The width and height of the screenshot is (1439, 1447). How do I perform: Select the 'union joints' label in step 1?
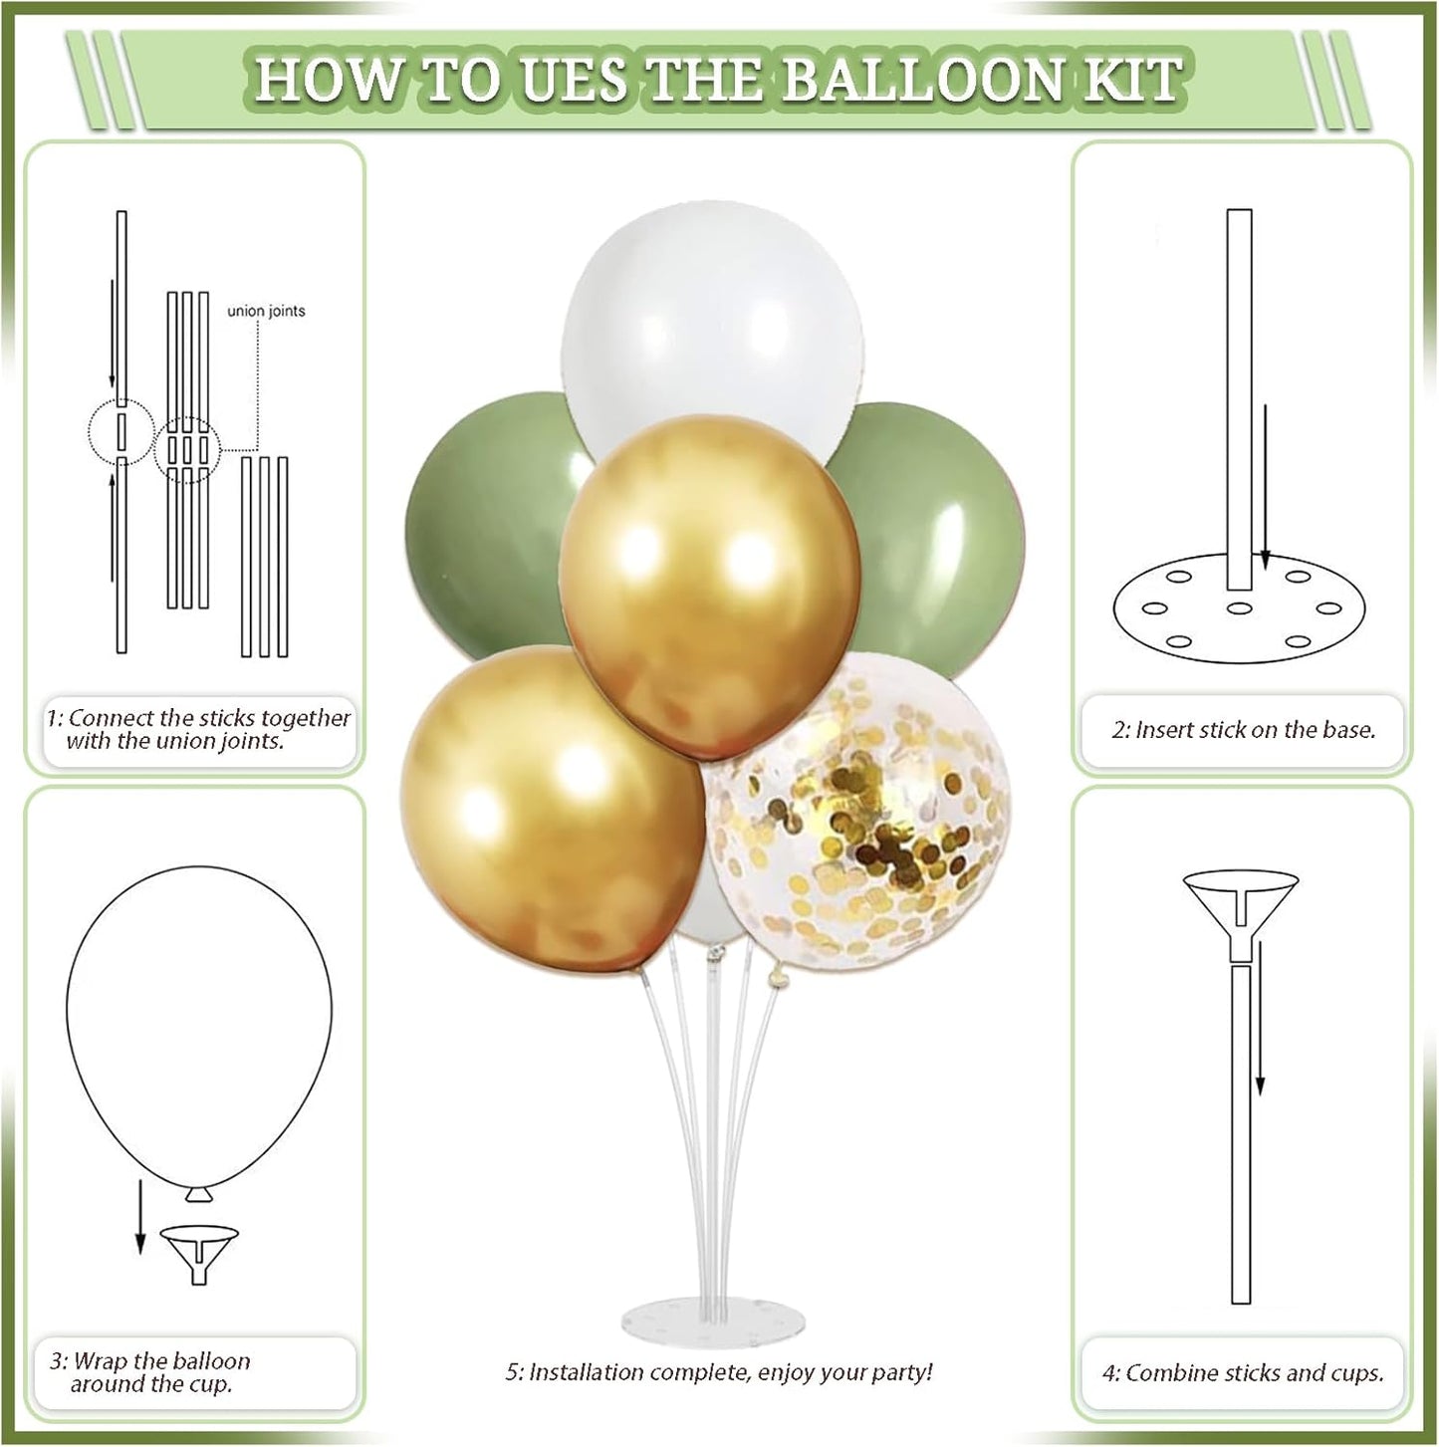coord(266,312)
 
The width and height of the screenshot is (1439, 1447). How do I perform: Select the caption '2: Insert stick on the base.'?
coord(1243,730)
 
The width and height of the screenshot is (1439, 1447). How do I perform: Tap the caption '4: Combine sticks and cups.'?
coord(1242,1373)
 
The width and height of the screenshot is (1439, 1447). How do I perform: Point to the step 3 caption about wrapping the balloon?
coord(151,1372)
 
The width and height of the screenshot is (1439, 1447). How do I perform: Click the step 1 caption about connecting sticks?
coord(199,730)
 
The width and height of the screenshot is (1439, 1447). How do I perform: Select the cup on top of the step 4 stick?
coord(1241,895)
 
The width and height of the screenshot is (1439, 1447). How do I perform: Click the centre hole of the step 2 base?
coord(1239,607)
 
